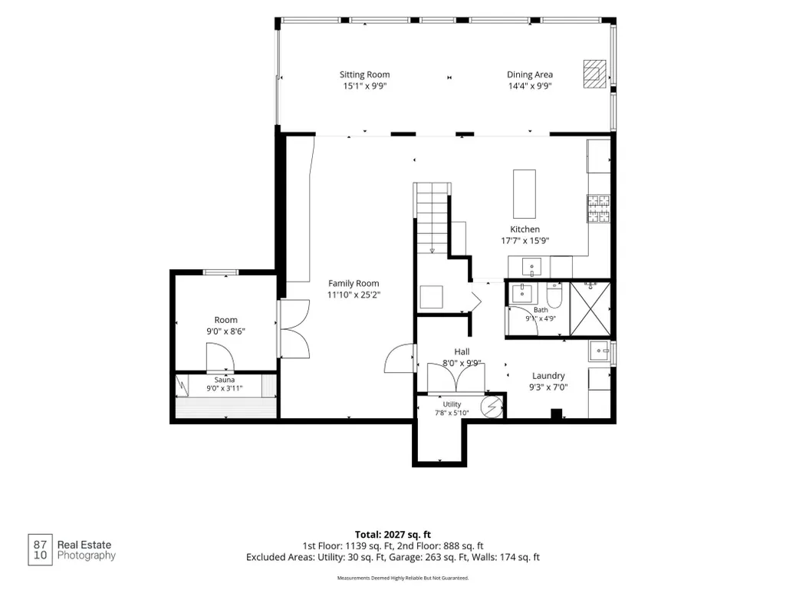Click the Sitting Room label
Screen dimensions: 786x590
point(364,74)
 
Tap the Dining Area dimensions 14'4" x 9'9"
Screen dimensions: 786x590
point(530,86)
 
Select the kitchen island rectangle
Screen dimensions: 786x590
point(525,193)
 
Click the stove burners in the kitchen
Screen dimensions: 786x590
point(599,208)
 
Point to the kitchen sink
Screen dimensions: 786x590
point(531,266)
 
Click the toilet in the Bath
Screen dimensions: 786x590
point(554,295)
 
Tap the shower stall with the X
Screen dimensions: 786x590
point(590,308)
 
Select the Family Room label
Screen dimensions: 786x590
point(354,283)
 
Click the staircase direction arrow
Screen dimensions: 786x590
point(432,250)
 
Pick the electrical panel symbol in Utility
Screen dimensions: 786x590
point(492,407)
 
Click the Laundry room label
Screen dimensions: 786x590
point(548,376)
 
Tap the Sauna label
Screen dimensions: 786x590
point(225,380)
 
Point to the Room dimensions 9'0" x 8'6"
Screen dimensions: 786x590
point(225,331)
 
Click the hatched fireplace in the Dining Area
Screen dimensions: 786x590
point(594,74)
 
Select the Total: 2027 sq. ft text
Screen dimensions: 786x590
point(393,535)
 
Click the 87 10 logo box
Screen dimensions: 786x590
point(40,550)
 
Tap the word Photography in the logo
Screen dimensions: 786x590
point(86,556)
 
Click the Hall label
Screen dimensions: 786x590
point(462,351)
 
